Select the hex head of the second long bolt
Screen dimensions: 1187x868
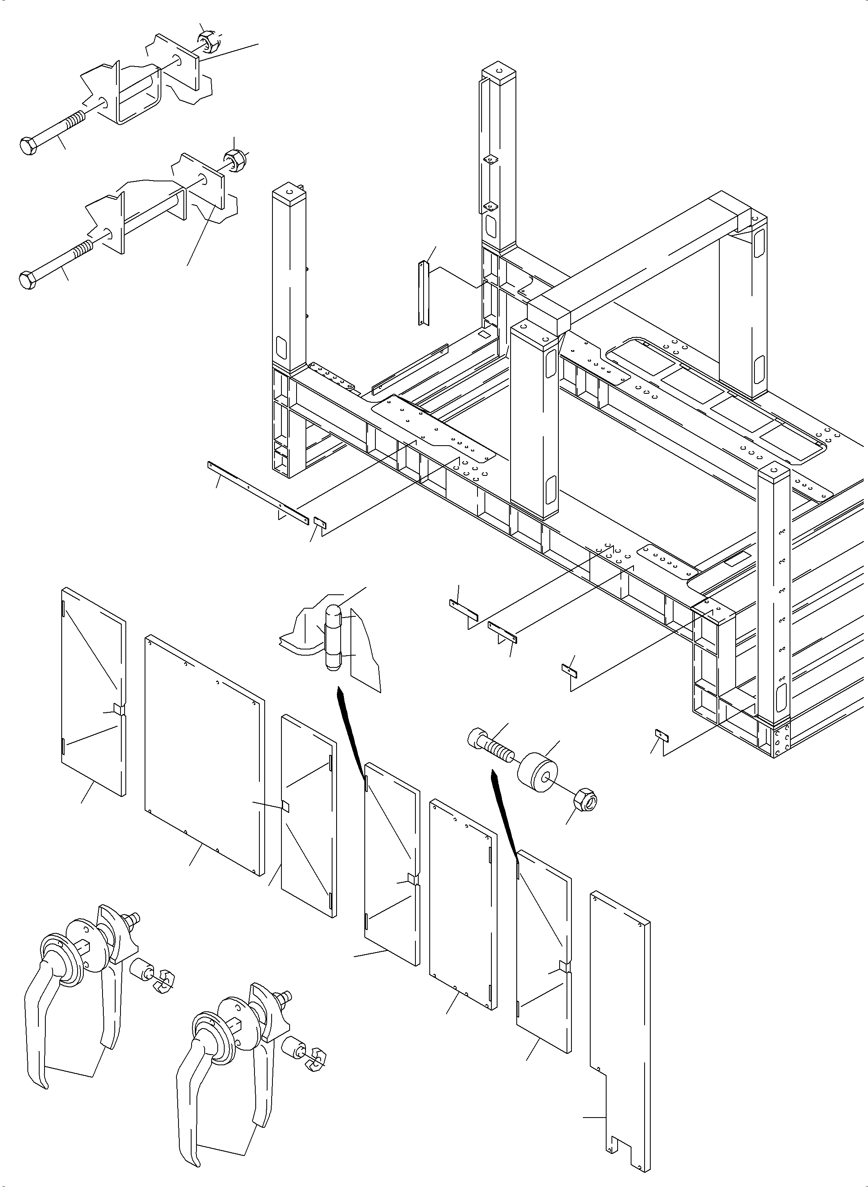point(27,279)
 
